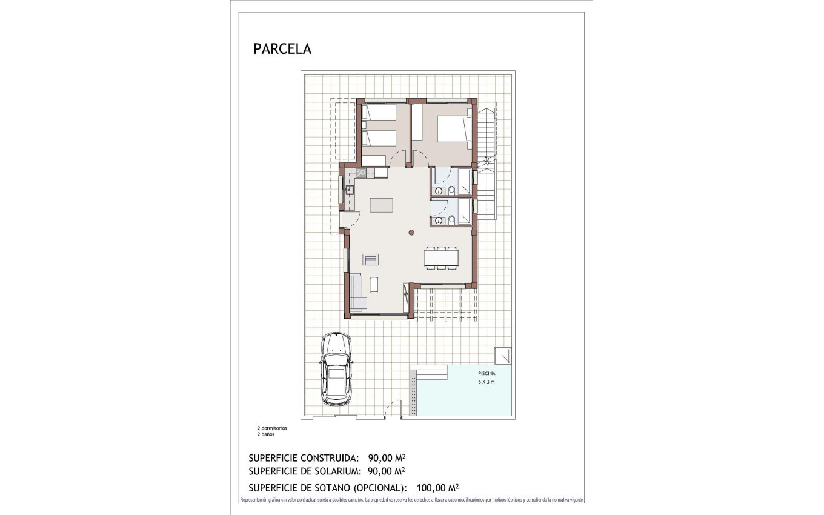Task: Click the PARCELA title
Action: coord(282,49)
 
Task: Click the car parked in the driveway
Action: coord(336,368)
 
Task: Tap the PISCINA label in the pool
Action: coord(487,374)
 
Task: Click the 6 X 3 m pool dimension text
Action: coord(487,382)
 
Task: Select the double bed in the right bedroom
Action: coord(453,129)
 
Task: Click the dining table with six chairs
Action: coord(442,258)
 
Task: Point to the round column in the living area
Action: coord(411,232)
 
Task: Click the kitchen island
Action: coord(381,205)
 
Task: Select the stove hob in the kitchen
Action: coord(360,173)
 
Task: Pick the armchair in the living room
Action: coord(371,260)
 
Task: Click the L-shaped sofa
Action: coord(357,294)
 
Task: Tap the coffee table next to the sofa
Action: coord(374,284)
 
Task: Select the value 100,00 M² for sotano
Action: coord(437,487)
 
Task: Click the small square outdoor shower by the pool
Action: coord(503,355)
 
